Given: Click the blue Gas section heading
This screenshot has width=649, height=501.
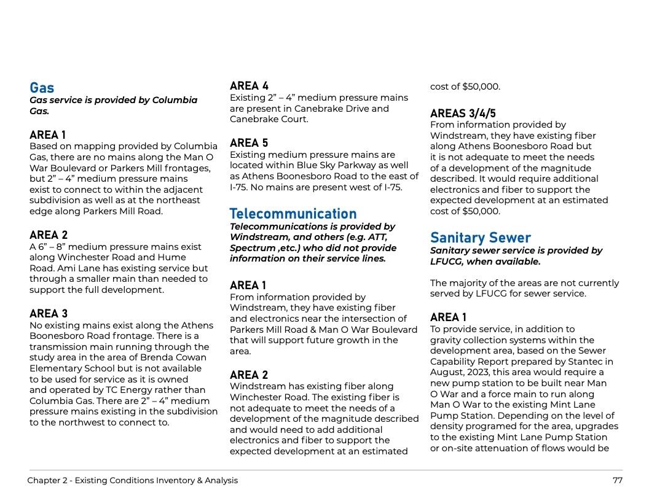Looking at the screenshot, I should (42, 88).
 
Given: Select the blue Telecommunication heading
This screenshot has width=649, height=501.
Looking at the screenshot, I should (293, 214).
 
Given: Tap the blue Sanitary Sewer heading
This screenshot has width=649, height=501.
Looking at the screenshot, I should (480, 238).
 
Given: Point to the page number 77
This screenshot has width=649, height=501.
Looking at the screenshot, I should (617, 480).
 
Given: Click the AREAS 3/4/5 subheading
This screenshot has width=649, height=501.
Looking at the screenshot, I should (463, 114).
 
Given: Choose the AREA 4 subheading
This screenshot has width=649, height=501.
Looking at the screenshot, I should (249, 86).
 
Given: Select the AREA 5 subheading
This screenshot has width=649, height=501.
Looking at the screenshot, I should (249, 143).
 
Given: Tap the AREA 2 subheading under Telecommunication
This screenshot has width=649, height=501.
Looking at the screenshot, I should (249, 375).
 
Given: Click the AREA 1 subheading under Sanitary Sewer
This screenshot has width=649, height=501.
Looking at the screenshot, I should (448, 317).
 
